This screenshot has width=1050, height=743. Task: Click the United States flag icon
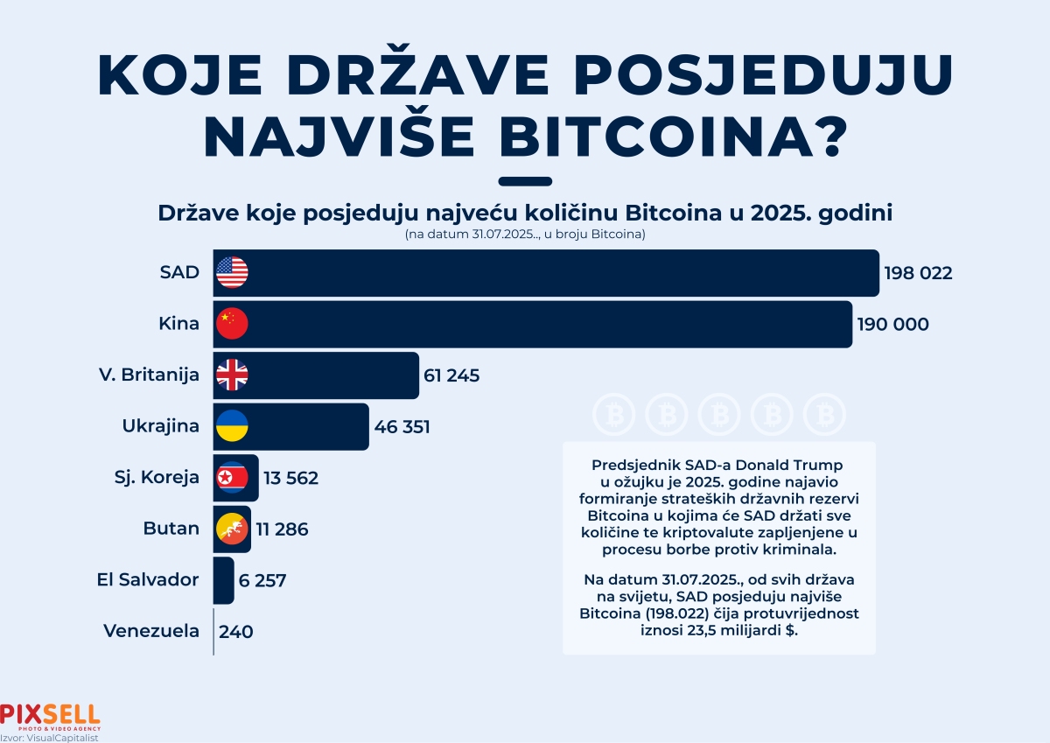click(232, 273)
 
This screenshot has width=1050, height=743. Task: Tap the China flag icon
click(232, 324)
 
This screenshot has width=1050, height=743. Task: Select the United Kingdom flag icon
click(232, 375)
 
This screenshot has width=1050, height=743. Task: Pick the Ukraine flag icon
click(232, 426)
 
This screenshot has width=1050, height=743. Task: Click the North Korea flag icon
click(232, 478)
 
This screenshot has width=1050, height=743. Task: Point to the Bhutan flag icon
click(232, 529)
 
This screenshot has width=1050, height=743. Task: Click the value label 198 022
click(917, 274)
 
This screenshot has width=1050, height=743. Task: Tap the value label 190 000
click(894, 325)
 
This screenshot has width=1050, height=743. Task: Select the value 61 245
click(452, 376)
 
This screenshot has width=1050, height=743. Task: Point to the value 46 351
click(402, 427)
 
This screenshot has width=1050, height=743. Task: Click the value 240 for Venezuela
click(236, 631)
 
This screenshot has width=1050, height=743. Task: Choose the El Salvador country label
click(148, 579)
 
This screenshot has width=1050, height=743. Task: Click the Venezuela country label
click(151, 630)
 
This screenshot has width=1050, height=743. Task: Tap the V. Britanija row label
click(149, 375)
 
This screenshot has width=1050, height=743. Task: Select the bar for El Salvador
click(223, 579)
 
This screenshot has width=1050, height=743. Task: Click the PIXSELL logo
click(50, 715)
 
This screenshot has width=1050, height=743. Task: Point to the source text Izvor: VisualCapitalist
click(49, 737)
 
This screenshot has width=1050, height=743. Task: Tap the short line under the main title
click(524, 181)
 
